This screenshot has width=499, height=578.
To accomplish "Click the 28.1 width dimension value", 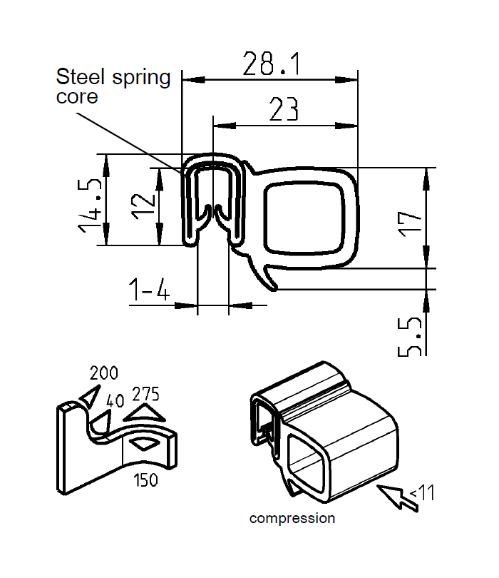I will click(270, 64).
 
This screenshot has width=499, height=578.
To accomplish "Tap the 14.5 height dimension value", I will click(88, 203).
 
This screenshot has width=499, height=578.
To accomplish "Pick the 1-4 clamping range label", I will click(148, 290).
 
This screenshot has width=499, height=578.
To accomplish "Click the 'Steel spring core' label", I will click(113, 86).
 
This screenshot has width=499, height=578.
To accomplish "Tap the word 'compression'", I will click(292, 519).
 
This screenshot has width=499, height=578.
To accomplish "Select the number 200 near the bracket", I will click(103, 372).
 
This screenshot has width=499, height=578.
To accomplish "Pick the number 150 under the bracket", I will click(145, 480).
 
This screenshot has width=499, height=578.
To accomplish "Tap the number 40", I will click(114, 400).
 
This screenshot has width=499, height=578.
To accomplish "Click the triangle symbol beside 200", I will click(90, 396).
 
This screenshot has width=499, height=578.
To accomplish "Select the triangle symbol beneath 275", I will click(144, 413).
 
